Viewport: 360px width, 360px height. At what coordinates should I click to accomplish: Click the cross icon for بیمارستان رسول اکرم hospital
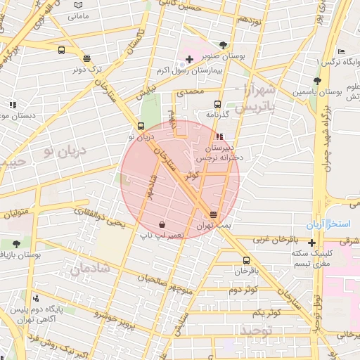189,59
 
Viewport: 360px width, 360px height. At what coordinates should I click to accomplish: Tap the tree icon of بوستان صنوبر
224,43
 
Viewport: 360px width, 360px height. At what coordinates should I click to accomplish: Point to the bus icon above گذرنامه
217,103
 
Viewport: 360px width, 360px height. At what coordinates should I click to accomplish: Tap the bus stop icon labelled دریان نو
141,126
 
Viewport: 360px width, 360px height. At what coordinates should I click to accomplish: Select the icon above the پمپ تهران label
213,215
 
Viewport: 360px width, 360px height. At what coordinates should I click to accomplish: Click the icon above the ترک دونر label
86,59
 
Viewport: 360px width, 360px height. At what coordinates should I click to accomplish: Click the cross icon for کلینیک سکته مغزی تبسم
311,243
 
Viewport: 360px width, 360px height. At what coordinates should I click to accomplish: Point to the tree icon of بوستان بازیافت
16,243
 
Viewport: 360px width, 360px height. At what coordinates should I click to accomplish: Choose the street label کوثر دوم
243,289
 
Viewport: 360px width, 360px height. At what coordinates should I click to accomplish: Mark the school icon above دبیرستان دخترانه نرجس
220,136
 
